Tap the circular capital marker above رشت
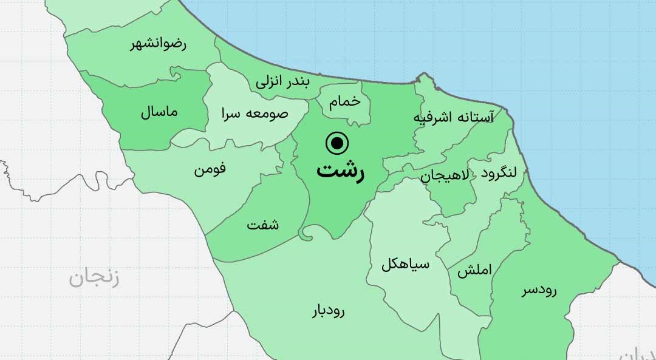tap(337, 144)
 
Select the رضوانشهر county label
tap(159, 44)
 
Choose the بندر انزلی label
tap(282, 82)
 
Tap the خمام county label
tap(345, 103)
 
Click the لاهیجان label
tap(445, 176)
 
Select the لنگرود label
tap(499, 173)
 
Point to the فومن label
tap(210, 169)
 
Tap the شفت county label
tap(263, 225)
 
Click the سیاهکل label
tap(405, 265)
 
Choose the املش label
tap(470, 271)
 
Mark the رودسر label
tap(539, 291)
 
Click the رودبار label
tap(328, 311)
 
